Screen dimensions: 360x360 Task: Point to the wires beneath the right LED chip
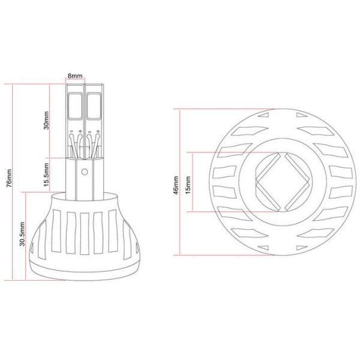point(92,144)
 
